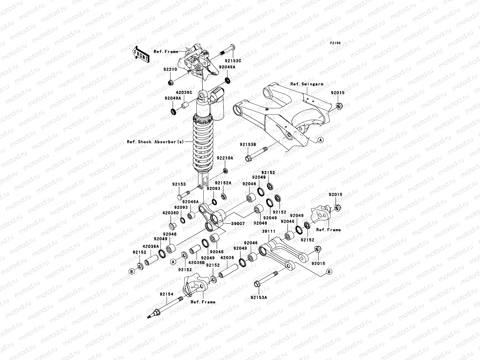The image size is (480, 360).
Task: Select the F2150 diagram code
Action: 335,43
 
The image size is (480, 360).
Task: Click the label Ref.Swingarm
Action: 307,84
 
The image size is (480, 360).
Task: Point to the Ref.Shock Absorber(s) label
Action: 155,142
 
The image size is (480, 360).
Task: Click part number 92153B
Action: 247,145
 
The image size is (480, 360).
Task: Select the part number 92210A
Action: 225,158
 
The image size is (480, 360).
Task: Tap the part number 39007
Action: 238,224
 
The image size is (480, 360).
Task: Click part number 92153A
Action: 259,298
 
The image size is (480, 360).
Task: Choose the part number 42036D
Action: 170,213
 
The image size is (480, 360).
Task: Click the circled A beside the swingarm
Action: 320,140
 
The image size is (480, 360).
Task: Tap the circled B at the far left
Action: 131,271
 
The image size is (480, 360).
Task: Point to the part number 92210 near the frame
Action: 170,69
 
